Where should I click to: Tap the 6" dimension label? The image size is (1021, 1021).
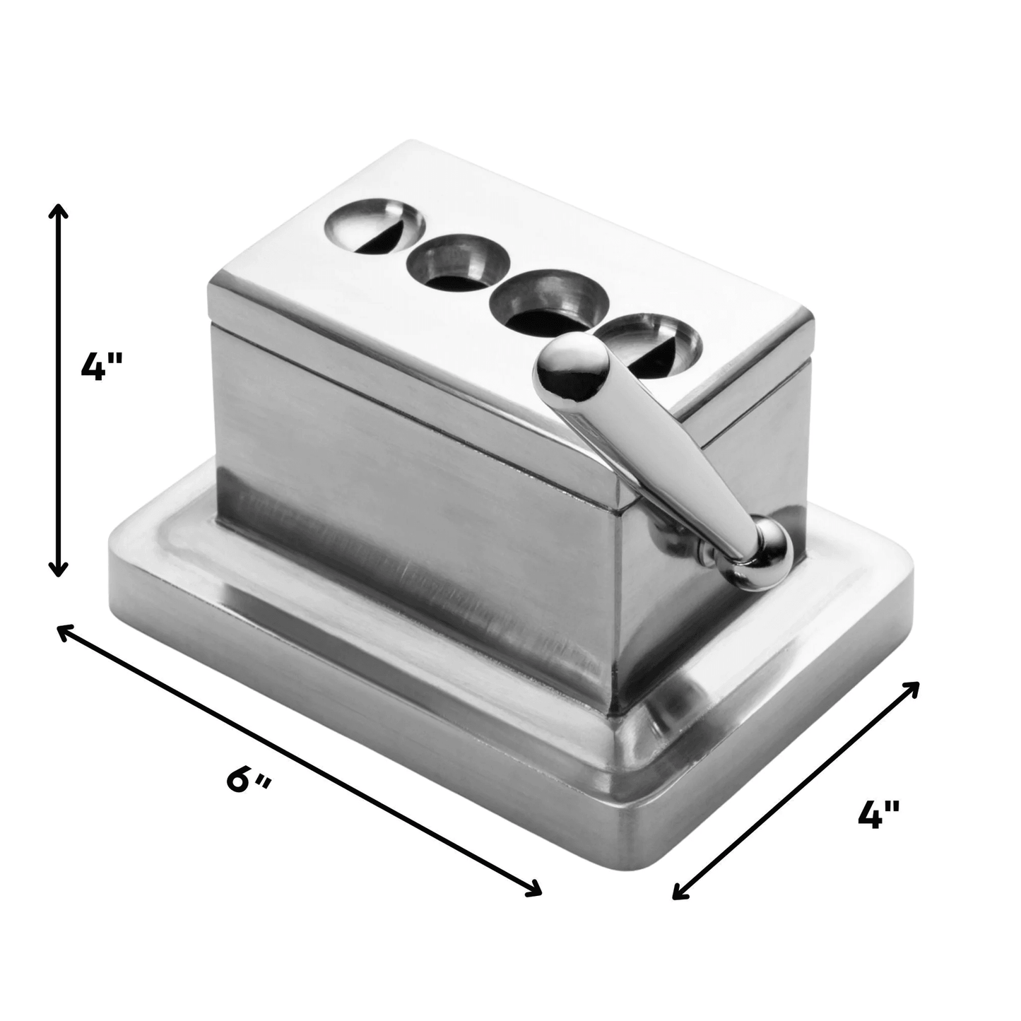click(249, 780)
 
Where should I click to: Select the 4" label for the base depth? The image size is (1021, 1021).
click(878, 815)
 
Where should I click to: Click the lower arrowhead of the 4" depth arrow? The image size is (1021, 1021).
click(677, 895)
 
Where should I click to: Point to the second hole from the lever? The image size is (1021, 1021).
click(550, 302)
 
